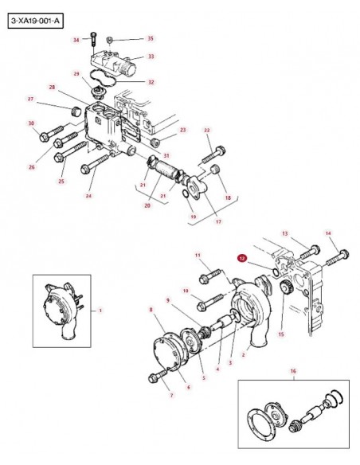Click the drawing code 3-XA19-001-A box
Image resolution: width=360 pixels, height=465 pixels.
click(36, 21)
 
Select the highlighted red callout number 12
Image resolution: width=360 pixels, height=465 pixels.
click(242, 259)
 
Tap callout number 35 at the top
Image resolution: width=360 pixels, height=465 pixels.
click(151, 38)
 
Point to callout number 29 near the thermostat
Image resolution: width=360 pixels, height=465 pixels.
click(76, 73)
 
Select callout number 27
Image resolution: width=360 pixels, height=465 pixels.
click(30, 99)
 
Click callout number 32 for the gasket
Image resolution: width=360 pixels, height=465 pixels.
click(151, 82)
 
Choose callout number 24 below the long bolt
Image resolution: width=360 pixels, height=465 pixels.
click(88, 195)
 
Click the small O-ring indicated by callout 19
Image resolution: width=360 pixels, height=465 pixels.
click(185, 193)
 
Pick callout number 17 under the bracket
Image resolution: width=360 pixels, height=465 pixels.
click(218, 221)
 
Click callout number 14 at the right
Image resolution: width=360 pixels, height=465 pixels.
click(328, 233)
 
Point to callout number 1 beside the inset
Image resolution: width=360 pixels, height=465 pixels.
click(100, 311)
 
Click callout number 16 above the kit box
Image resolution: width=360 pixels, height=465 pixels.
click(293, 371)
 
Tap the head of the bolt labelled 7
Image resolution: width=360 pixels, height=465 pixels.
click(152, 377)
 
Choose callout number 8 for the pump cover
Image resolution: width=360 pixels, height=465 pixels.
click(151, 310)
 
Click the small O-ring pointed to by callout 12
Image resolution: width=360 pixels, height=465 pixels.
click(276, 272)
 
